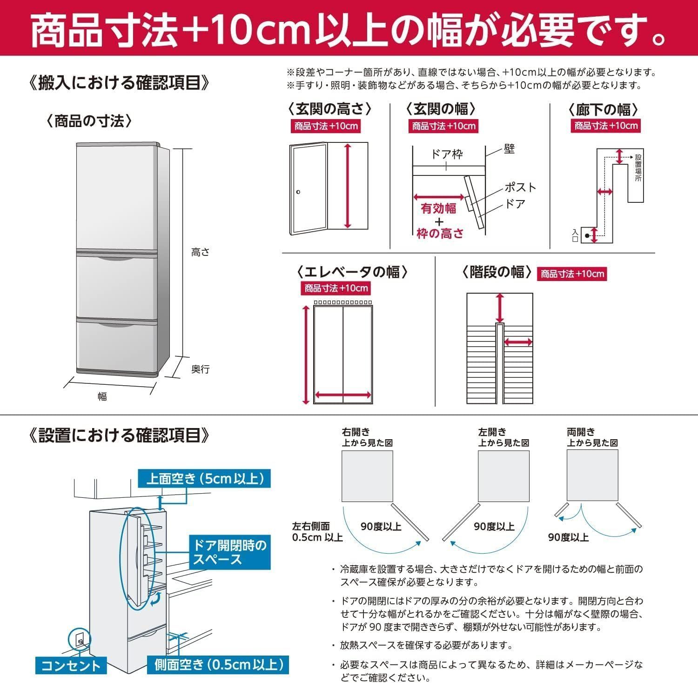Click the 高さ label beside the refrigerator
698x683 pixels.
coord(200,252)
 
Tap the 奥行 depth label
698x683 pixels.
coord(201,369)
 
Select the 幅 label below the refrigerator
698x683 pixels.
coord(102,396)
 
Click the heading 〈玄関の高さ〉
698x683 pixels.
coord(329,109)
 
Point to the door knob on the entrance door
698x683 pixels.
coord(298,192)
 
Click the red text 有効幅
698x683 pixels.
coord(438,208)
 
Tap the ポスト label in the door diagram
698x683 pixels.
coord(520,187)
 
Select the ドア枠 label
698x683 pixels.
coord(447,154)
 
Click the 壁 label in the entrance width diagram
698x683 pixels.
coord(509,149)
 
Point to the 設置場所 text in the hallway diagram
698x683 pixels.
coord(638,168)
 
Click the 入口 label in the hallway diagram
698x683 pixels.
coord(576,235)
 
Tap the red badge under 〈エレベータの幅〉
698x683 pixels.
coord(336,288)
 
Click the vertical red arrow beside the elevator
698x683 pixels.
coord(306,355)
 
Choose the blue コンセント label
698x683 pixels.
coord(71,665)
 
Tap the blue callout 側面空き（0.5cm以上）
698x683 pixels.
coord(218,664)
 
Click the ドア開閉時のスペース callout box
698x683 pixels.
coord(230,552)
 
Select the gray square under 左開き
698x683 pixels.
coord(503,476)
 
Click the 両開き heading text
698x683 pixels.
coord(581,432)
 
